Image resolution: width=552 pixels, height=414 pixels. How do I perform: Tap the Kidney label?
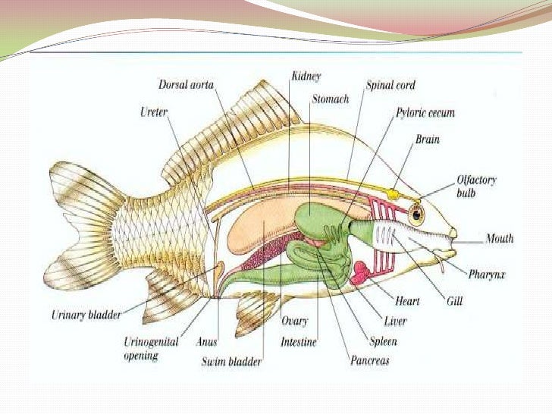pos(306,76)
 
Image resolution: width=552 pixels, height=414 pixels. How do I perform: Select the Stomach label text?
pos(330,99)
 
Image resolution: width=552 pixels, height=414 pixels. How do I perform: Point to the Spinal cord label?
pos(390,85)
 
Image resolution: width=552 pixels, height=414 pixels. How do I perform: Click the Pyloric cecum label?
pos(425,113)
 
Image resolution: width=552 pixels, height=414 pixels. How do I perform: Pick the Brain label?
pos(427,140)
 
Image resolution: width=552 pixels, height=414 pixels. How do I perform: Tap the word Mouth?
pos(500,238)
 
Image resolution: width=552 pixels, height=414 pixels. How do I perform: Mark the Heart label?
pos(407,302)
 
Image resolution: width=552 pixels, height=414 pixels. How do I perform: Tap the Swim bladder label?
pos(232,362)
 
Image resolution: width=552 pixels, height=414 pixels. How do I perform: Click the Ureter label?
pos(154,111)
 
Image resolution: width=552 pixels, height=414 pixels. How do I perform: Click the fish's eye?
pos(416,213)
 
